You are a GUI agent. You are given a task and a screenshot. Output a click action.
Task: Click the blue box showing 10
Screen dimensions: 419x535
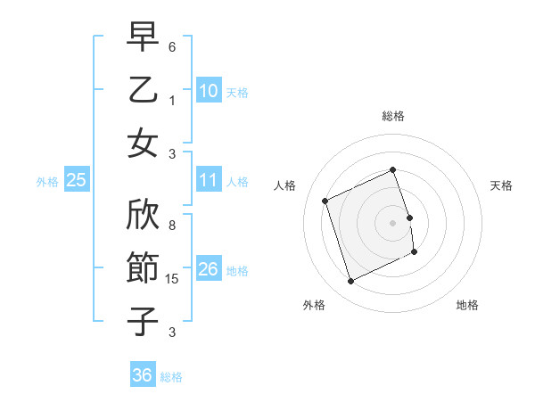tap(209, 91)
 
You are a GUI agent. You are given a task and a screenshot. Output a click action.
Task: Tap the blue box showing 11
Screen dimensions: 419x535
tap(209, 180)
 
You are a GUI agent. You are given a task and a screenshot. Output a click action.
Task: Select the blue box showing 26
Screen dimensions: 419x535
tap(209, 269)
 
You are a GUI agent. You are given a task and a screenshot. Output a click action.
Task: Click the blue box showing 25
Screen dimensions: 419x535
tap(76, 180)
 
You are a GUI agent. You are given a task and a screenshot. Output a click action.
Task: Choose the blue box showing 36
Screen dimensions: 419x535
tap(142, 375)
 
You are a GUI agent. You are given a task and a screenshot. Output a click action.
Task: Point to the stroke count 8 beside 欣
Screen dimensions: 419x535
tap(172, 215)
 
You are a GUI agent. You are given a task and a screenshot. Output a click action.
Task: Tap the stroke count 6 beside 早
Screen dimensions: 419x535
tap(172, 45)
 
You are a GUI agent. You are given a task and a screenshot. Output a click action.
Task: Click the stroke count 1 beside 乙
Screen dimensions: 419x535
tap(172, 99)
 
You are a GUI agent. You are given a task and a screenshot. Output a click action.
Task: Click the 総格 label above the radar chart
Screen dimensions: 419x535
tap(393, 116)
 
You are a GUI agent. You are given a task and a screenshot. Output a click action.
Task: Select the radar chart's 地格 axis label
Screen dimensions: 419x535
tap(467, 305)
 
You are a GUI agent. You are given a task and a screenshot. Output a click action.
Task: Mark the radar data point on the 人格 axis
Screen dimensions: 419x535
tap(325, 201)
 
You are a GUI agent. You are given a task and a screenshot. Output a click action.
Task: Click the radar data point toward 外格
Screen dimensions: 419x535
tap(350, 282)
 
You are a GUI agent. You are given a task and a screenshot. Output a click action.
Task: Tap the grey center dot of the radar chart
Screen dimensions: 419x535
tap(393, 222)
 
